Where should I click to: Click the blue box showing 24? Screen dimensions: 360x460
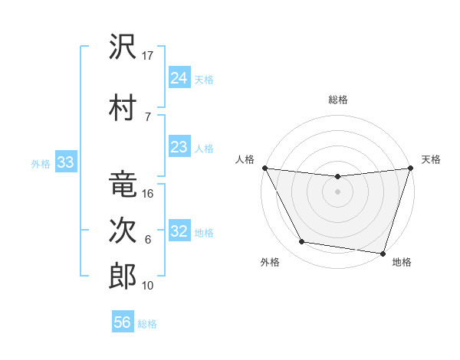coord(179,78)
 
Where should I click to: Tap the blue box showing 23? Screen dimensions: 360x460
coord(179,147)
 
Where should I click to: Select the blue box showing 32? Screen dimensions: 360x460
coord(179,231)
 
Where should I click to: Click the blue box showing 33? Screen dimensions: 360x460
coord(65,162)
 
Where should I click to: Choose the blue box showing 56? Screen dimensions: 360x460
coord(123,322)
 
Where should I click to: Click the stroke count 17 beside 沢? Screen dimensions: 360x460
coord(148,56)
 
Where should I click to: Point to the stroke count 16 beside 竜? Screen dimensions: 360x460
coord(148,194)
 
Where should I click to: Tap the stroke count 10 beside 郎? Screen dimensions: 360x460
coord(148,286)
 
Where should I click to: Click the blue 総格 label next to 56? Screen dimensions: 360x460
coord(147,324)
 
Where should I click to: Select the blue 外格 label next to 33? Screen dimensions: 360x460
coord(40,163)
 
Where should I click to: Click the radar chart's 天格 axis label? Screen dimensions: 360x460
coord(431,159)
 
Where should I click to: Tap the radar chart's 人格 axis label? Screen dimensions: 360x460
coord(245,159)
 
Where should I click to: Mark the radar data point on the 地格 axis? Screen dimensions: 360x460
coord(383,253)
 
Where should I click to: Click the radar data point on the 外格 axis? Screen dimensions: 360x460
coord(302,242)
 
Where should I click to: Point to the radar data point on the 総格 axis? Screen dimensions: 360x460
coord(337,177)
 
